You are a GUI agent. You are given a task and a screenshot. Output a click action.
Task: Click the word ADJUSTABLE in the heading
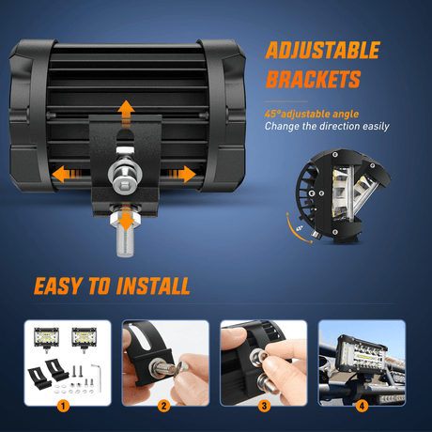(323, 50)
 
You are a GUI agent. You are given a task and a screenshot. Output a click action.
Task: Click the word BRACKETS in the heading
(314, 79)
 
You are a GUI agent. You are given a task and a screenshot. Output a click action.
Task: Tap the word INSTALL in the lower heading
(153, 285)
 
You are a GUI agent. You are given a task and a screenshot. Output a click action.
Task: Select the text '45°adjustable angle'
(312, 114)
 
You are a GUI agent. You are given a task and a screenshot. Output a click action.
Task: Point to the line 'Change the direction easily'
(327, 126)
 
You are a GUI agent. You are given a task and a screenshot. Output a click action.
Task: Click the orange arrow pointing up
(126, 114)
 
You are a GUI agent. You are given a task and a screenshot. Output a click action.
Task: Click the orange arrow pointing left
(67, 174)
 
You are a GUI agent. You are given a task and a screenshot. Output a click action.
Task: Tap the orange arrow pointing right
(181, 174)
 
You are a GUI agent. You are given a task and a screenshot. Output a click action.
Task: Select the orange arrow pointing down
(126, 218)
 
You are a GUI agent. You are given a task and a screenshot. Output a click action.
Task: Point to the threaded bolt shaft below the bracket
(125, 242)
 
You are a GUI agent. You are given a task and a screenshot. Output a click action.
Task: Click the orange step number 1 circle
(63, 407)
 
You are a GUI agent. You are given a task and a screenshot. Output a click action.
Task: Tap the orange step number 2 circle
(164, 407)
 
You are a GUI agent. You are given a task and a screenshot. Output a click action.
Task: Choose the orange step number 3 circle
(264, 407)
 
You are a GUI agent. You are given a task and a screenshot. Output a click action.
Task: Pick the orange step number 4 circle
(362, 407)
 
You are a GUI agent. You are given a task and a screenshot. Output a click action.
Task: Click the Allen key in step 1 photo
(97, 378)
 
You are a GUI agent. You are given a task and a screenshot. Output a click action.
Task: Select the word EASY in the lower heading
(57, 285)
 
